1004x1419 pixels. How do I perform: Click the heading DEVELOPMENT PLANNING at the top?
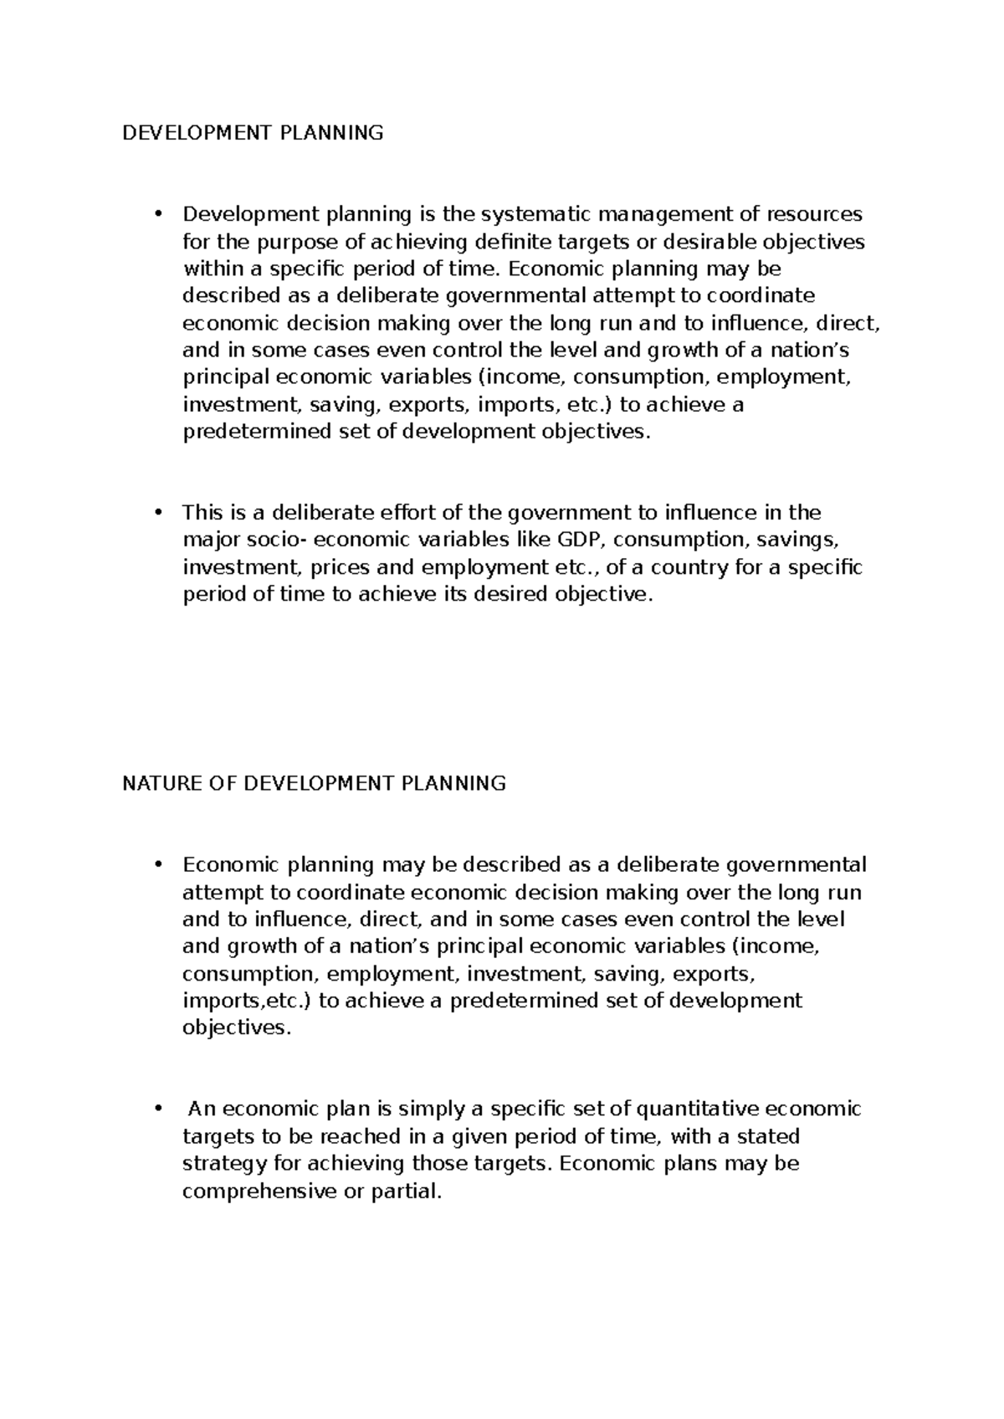pyautogui.click(x=253, y=133)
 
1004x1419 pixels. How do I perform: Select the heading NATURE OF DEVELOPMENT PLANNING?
pyautogui.click(x=314, y=784)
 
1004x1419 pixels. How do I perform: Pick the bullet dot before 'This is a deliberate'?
pyautogui.click(x=156, y=513)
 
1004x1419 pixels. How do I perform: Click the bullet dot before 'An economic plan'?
pyautogui.click(x=156, y=1109)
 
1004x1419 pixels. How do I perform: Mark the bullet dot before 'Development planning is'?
pyautogui.click(x=156, y=214)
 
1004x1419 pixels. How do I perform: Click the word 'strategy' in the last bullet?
pyautogui.click(x=219, y=1164)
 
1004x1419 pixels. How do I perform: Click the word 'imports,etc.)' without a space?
pyautogui.click(x=248, y=1001)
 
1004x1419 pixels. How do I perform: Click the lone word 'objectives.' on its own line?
pyautogui.click(x=238, y=1028)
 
